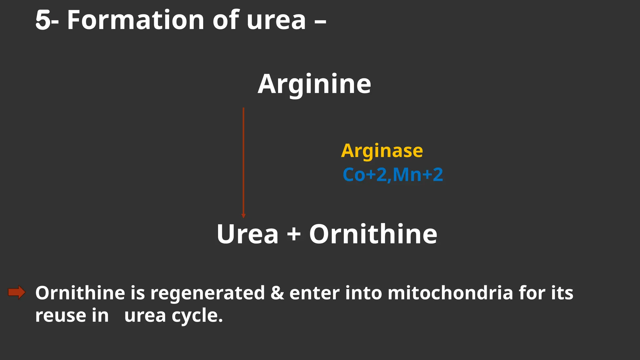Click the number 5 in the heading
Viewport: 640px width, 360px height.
coord(43,20)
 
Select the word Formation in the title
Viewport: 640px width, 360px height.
coord(136,20)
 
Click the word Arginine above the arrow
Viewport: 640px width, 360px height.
coord(314,84)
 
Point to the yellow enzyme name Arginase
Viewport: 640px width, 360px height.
coord(382,151)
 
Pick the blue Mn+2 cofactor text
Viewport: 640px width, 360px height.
coord(418,175)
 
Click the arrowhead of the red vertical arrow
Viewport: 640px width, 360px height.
coord(243,216)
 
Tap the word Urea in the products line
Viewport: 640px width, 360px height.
coord(247,234)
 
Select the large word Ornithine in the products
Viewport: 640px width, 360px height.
coord(373,234)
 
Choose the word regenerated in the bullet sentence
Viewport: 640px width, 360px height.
coord(207,293)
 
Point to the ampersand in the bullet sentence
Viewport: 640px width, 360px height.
coord(277,293)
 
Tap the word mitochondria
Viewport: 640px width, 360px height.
coord(450,293)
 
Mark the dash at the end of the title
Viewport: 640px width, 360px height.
coord(320,22)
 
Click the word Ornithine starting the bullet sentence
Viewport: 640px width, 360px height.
coord(80,293)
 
